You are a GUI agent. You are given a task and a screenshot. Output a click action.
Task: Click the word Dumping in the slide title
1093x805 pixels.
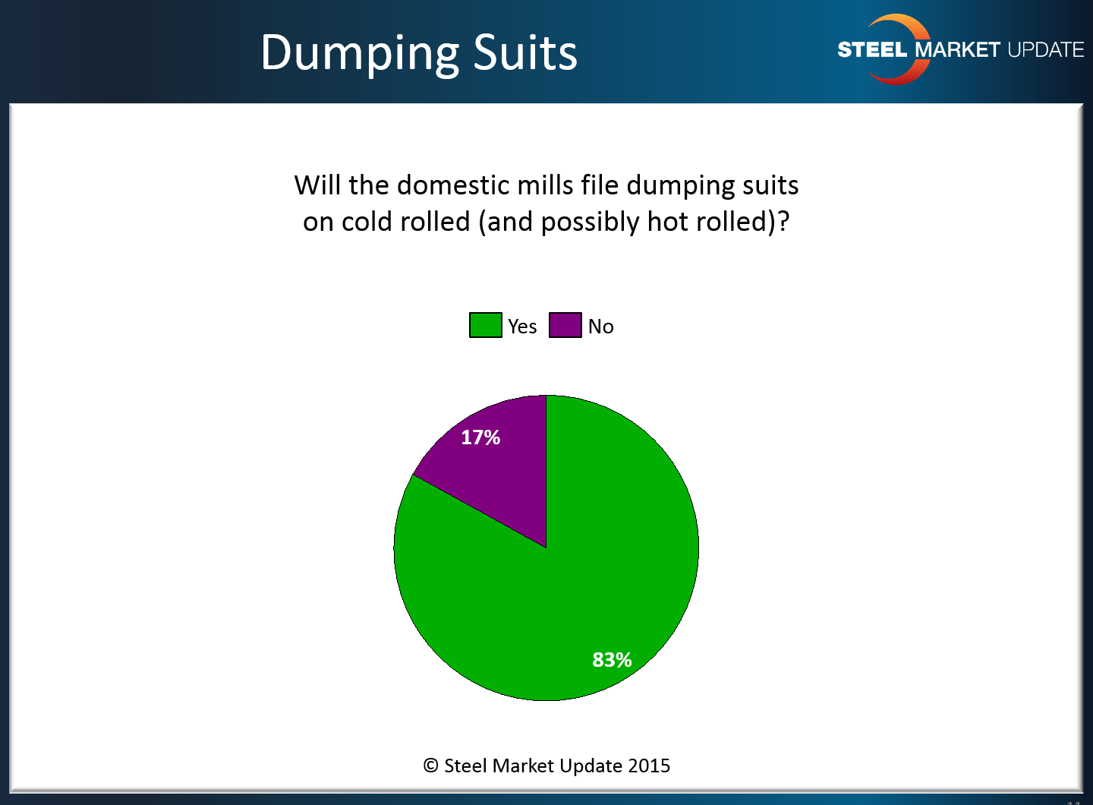tap(360, 54)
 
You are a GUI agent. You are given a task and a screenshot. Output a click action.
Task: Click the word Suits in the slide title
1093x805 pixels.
tap(525, 52)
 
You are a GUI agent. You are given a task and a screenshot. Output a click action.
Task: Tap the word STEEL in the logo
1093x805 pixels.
tap(872, 50)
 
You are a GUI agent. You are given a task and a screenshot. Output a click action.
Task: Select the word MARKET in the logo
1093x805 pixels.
tap(957, 50)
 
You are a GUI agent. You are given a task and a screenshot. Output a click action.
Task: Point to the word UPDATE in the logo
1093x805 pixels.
tap(1046, 50)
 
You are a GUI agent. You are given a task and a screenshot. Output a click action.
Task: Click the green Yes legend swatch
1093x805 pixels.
tap(486, 325)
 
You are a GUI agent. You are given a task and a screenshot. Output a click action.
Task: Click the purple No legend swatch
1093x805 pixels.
tap(565, 325)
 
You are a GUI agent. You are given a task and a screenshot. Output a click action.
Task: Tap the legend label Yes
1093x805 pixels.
tap(522, 326)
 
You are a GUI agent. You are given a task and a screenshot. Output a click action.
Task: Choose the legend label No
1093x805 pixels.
tap(600, 326)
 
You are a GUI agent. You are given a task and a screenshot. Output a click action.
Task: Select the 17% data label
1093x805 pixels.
tap(480, 437)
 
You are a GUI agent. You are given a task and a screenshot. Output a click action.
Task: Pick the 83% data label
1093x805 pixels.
tap(612, 659)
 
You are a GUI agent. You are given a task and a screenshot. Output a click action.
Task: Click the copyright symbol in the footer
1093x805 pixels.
tap(430, 766)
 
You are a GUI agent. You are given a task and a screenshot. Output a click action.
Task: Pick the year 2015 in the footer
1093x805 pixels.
tap(649, 766)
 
